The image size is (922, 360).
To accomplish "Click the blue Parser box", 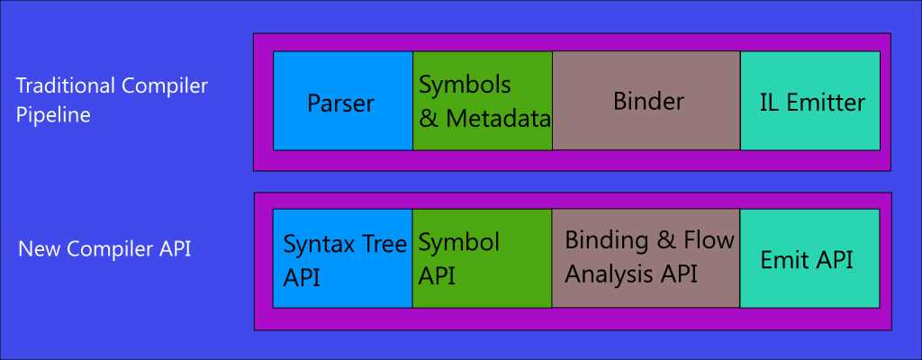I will pyautogui.click(x=342, y=101).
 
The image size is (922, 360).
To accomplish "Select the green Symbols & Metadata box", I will pyautogui.click(x=483, y=101).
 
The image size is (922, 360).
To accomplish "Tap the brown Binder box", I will pyautogui.click(x=646, y=101).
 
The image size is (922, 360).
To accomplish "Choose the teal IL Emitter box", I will pyautogui.click(x=810, y=101).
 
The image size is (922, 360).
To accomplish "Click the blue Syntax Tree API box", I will pyautogui.click(x=342, y=258).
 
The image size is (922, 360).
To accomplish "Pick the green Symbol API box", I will pyautogui.click(x=483, y=258).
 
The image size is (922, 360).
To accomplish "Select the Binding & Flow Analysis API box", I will pyautogui.click(x=646, y=258).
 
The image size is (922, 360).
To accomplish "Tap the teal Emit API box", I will pyautogui.click(x=810, y=258).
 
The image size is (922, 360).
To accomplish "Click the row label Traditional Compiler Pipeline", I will pyautogui.click(x=112, y=101).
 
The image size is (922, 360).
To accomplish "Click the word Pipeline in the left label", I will pyautogui.click(x=53, y=116).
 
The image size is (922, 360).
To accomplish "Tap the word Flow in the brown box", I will pyautogui.click(x=710, y=241).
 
